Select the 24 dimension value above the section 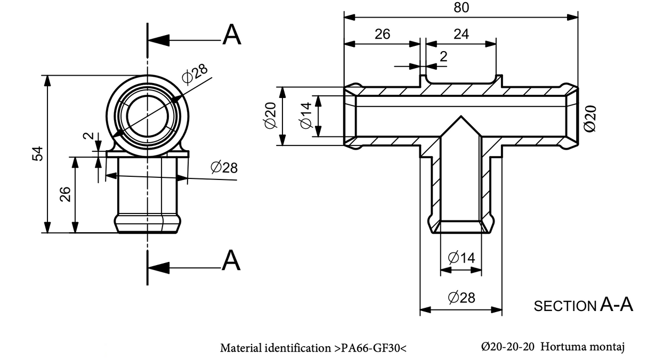point(461,34)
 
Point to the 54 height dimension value point(38,154)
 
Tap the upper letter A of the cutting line point(232,35)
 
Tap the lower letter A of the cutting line point(231,260)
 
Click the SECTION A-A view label point(583,305)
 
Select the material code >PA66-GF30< point(370,348)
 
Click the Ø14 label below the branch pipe point(461,258)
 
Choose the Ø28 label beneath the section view point(461,297)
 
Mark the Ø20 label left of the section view point(270,116)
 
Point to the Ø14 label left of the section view point(306,116)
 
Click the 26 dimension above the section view point(382,34)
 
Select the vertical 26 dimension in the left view point(65,194)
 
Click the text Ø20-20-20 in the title point(507,347)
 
